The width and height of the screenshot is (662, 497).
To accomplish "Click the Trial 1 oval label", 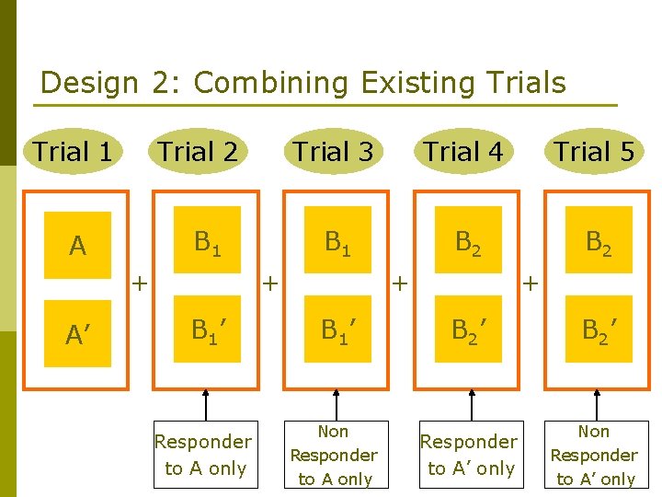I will point(73,152).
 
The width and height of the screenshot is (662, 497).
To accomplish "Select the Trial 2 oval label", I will point(199,152).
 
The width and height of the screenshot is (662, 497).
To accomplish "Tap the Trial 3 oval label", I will point(333,152).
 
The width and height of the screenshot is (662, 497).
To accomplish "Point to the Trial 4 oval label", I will point(462,152).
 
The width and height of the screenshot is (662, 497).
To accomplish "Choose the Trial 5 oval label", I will point(594,152).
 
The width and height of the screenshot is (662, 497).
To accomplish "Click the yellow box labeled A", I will point(77,246).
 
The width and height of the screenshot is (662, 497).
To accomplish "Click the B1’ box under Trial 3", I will point(336,329).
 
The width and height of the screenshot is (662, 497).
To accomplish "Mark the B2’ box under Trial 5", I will point(599,329).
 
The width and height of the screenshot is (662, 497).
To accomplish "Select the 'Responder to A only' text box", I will point(203,455).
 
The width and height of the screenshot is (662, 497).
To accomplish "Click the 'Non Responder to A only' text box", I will point(333,455).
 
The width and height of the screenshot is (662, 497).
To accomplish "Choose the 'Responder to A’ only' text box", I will point(468,455).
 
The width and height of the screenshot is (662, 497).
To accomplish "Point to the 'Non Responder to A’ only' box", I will point(593,455).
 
